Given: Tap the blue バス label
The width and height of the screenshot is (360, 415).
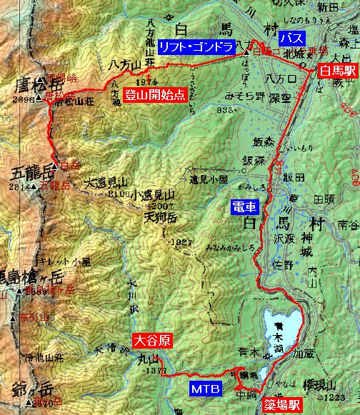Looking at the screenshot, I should click(x=292, y=37).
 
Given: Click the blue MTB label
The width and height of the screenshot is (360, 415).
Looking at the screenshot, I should click(x=206, y=389).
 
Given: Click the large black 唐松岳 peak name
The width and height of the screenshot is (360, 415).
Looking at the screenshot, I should click(x=35, y=87).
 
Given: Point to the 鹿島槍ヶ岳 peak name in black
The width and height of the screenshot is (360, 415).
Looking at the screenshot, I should click(x=29, y=276).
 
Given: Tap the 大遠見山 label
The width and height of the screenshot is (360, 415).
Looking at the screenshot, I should click(x=104, y=184).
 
